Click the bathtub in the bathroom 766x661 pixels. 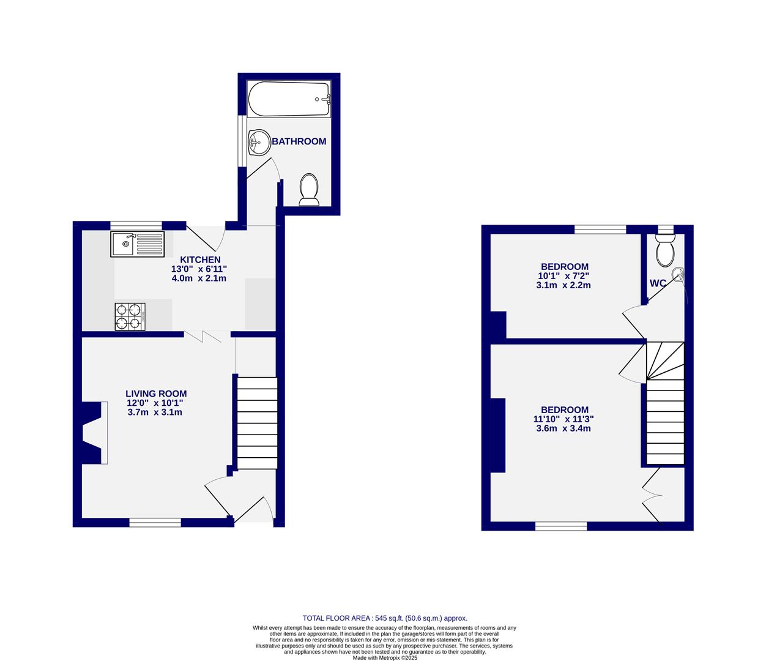point(289,99)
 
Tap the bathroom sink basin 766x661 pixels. point(259,143)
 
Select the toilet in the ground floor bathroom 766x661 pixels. point(309,190)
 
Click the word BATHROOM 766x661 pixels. point(299,141)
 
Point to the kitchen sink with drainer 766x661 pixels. point(138,244)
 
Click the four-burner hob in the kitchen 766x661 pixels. point(130,316)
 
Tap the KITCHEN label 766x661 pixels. point(199,260)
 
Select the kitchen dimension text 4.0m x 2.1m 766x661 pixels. point(199,278)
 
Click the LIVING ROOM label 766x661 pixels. point(156,394)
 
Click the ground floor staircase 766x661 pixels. point(256,422)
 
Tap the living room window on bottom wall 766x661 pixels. point(155,522)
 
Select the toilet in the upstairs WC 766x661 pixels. point(664,252)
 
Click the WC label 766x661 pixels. point(658,283)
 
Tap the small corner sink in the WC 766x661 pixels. point(678,275)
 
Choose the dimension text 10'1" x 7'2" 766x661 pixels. point(564,275)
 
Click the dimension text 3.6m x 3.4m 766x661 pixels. point(563,428)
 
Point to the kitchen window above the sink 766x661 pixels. point(136,225)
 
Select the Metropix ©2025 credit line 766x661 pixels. point(385,658)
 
